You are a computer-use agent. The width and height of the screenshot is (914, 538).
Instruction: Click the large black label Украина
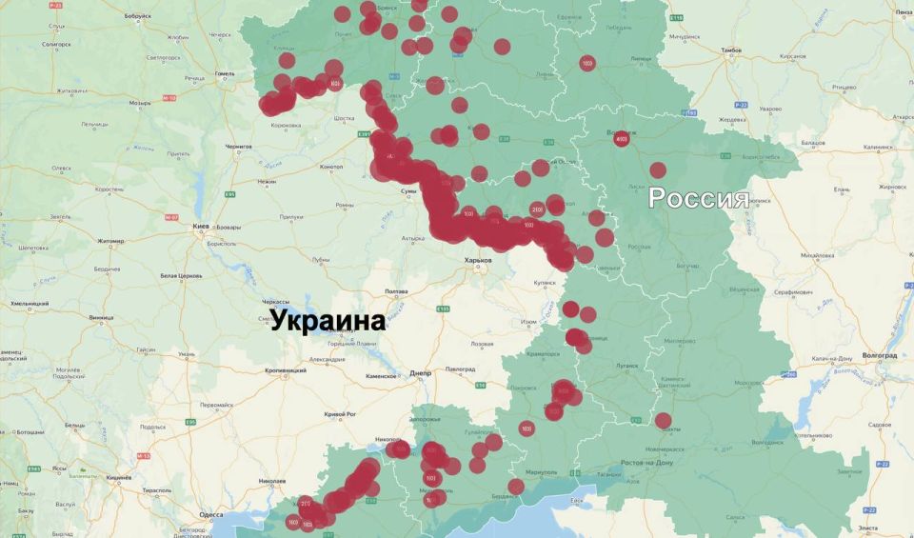tap(328, 321)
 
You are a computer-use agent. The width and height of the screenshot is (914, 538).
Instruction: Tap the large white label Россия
tap(698, 199)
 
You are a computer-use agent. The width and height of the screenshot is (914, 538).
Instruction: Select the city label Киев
tap(201, 227)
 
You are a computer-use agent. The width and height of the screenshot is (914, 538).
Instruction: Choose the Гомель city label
tap(225, 73)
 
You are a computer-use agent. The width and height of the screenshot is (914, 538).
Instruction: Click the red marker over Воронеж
tap(621, 139)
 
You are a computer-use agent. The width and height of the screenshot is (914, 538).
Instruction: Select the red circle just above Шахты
tap(663, 420)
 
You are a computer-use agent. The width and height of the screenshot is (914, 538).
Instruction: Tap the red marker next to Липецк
tap(586, 63)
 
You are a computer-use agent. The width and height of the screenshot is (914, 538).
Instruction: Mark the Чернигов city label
tap(238, 147)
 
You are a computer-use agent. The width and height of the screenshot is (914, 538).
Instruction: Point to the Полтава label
tap(395, 290)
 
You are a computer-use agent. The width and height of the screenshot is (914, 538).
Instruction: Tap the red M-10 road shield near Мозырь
tap(169, 98)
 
